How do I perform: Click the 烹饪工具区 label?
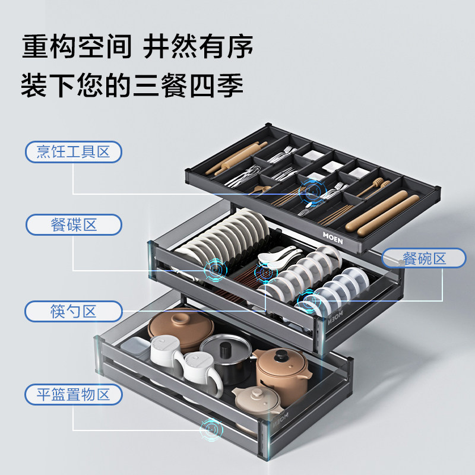point(73,152)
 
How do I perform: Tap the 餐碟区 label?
point(74,225)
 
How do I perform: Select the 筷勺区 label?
point(74,311)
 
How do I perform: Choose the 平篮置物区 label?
point(74,395)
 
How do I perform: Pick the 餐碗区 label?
point(424,258)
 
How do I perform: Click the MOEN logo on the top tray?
point(332,238)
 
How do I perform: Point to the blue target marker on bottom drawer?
point(211,429)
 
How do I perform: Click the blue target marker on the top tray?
point(312,191)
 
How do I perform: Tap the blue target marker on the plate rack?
point(216,269)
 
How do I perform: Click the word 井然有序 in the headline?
point(198,47)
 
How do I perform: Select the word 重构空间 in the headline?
point(77,47)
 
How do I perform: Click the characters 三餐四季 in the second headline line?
point(188,85)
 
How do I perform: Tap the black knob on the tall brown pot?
point(281,356)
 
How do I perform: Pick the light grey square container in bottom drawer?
point(135,347)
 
